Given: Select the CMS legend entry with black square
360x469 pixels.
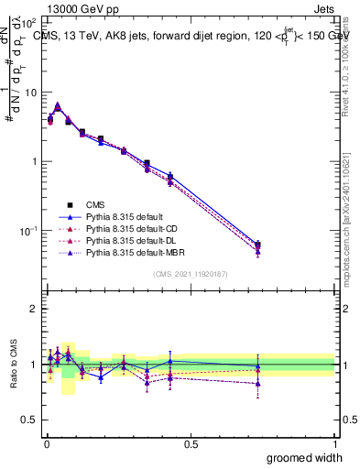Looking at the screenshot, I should (96, 204).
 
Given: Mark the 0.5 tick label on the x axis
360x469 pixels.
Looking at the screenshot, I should (191, 444).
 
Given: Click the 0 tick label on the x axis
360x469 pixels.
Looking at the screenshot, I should (46, 444).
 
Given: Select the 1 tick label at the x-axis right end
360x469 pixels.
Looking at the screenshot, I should (335, 444).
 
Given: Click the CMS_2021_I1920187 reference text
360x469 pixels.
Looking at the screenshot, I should (191, 274).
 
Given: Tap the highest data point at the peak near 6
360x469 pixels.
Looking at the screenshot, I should (58, 105).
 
